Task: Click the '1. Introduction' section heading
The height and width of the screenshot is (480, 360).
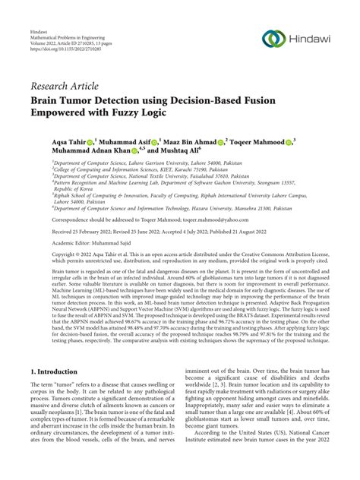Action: tap(53, 393)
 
